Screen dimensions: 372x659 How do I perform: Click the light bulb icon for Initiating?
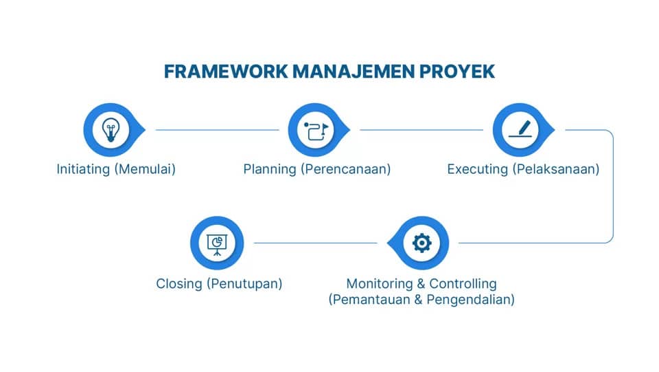(109, 129)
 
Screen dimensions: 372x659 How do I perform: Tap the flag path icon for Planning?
(314, 129)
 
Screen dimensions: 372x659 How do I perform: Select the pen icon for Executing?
(519, 129)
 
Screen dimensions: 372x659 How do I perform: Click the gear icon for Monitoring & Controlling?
(421, 243)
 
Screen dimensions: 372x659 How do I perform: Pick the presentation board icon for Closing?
(217, 243)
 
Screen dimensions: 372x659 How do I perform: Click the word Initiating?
(84, 169)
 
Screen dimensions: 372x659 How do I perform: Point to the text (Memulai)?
(146, 169)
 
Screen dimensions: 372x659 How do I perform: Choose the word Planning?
(270, 169)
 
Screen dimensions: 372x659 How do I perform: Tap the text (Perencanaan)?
(345, 169)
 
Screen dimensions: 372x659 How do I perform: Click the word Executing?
(477, 169)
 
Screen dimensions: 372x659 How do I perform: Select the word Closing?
(179, 283)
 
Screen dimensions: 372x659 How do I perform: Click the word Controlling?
(463, 283)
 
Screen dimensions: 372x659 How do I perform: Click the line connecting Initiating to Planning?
(217, 129)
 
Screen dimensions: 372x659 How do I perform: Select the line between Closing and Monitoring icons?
(316, 243)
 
